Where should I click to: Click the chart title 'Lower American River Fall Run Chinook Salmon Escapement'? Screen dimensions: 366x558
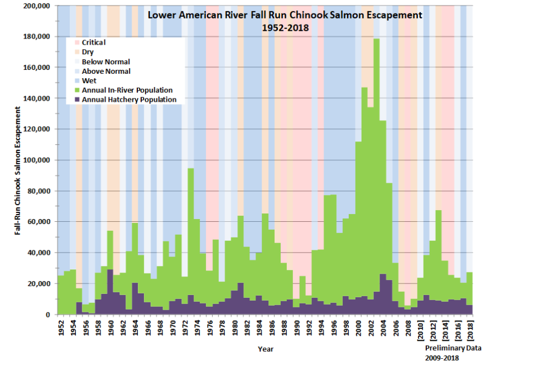pos(285,16)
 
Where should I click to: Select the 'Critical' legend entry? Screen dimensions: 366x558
pos(93,42)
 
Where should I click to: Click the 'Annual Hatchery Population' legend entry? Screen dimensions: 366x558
pos(129,100)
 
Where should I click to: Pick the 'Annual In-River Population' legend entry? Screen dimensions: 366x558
pos(127,91)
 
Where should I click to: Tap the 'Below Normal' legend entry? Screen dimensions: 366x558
pos(105,61)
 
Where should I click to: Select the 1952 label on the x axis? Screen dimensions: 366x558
pos(61,329)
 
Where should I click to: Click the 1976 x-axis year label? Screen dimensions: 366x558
pos(210,329)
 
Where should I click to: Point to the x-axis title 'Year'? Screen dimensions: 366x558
pos(265,349)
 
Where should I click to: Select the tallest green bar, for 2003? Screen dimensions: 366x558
pos(377,168)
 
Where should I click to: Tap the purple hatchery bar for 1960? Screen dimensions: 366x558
pos(110,291)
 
